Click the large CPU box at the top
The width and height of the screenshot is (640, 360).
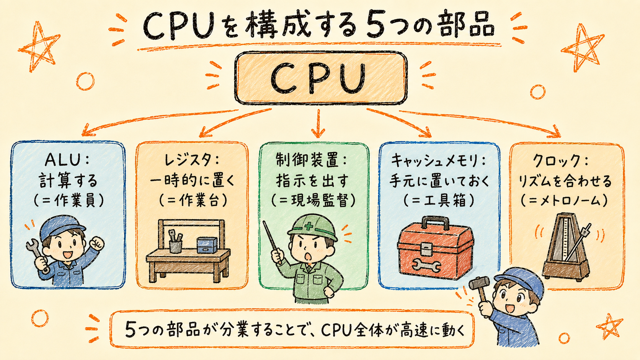[320, 78]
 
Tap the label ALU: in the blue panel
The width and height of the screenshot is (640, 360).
[67, 160]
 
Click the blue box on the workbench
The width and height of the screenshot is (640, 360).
[207, 245]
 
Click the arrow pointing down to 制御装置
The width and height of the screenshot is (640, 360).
[318, 123]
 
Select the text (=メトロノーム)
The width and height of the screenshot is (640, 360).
[564, 201]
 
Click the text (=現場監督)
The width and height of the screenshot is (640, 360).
[313, 200]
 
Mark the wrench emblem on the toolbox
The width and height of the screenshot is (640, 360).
[426, 266]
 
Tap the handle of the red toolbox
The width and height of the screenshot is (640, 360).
[435, 222]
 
